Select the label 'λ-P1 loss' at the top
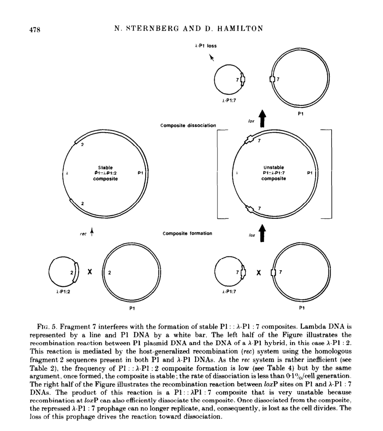[205, 46]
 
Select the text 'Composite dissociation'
[188, 126]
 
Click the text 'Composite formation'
[187, 233]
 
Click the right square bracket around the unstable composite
[331, 173]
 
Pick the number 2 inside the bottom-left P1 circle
[110, 272]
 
